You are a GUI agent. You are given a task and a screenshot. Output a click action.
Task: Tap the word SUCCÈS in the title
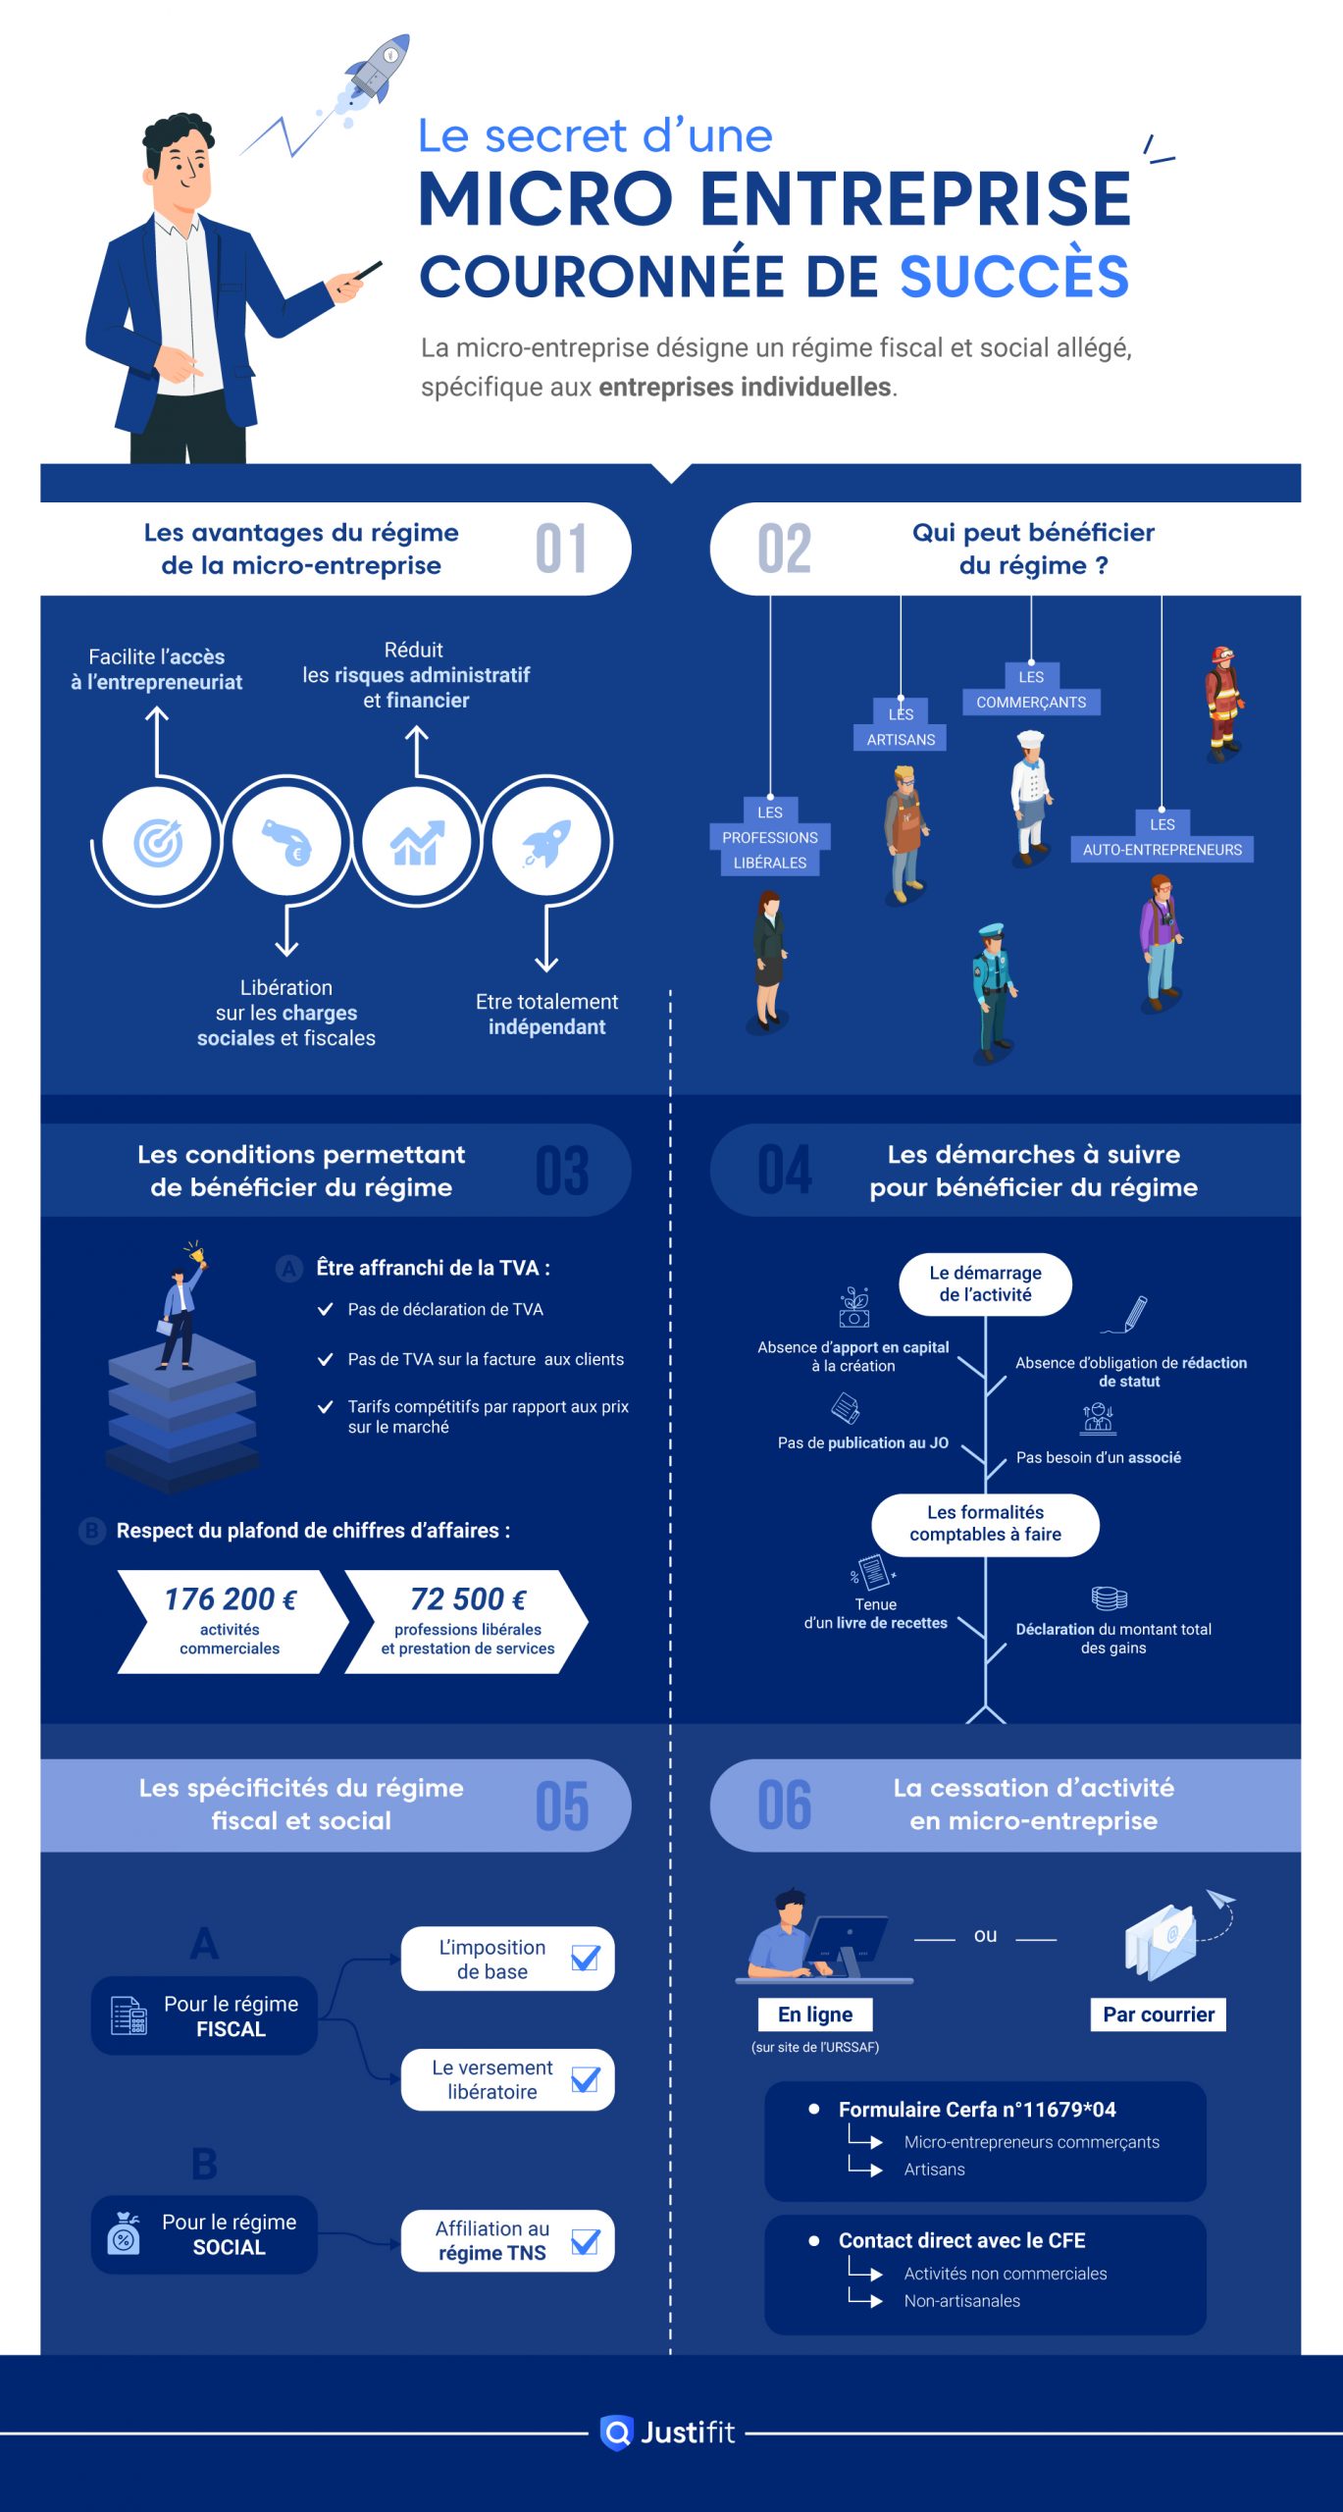[x=1014, y=277]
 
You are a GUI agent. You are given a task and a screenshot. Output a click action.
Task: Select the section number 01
[x=561, y=549]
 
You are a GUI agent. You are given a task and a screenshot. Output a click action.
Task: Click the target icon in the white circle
[x=157, y=841]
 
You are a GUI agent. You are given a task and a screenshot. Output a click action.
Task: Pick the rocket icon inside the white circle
[x=546, y=841]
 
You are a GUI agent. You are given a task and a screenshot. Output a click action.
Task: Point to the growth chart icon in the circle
[x=417, y=841]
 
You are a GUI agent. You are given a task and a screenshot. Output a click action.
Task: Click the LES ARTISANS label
[x=901, y=727]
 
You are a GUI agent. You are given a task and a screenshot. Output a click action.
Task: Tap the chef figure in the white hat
[x=1030, y=795]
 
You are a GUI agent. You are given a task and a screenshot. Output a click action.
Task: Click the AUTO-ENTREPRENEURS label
[x=1162, y=849]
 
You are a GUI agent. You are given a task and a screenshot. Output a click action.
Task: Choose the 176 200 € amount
[x=230, y=1599]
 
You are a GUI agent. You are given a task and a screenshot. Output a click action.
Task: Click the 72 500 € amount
[x=468, y=1599]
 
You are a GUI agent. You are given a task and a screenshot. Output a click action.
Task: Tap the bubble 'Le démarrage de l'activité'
[x=985, y=1283]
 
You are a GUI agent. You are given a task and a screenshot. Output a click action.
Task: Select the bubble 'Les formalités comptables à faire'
[x=985, y=1524]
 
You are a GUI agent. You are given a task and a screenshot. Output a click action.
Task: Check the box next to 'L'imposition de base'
[x=586, y=1959]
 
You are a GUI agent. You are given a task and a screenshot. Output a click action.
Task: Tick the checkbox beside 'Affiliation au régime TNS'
[x=586, y=2241]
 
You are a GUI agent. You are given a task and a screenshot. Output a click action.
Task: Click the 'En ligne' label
[x=815, y=2015]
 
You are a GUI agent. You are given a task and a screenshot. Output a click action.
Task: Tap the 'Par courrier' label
[x=1159, y=2015]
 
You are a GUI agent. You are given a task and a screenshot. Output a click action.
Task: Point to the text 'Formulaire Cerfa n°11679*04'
[x=977, y=2109]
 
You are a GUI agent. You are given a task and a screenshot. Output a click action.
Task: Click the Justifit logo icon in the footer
[x=616, y=2433]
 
